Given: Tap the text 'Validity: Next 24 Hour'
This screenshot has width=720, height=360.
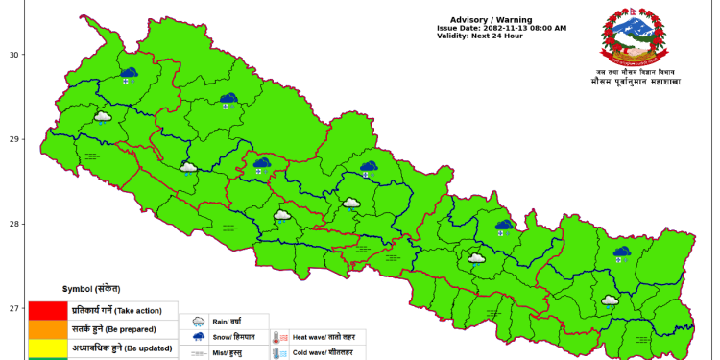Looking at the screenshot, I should [479, 36].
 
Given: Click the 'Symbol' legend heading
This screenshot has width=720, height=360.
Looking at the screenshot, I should [91, 289].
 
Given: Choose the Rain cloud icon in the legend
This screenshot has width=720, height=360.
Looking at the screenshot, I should [199, 322].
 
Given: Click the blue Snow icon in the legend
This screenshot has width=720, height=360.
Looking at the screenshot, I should [199, 337].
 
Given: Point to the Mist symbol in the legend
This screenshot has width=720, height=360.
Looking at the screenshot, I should [199, 353].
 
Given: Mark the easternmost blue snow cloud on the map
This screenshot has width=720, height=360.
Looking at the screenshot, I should [622, 253].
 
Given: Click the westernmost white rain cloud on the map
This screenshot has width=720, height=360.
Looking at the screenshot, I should [103, 118].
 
